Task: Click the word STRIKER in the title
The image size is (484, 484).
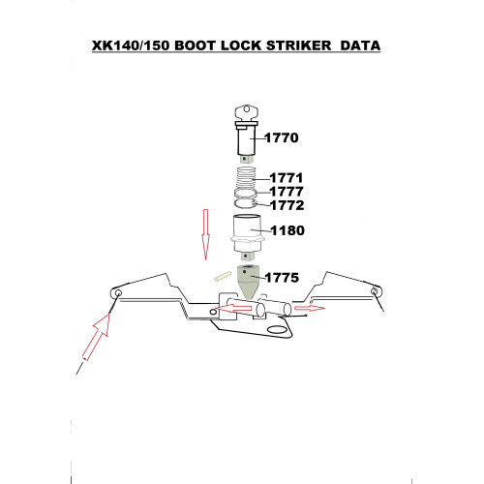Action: (299, 45)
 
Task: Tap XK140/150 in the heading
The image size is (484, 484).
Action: (131, 45)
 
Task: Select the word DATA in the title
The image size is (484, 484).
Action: (360, 45)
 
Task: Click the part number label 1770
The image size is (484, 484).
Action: (282, 137)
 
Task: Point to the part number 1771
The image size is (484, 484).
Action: (287, 178)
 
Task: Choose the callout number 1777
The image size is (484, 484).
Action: (287, 192)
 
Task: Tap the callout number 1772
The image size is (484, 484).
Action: (287, 205)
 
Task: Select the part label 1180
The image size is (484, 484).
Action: (287, 230)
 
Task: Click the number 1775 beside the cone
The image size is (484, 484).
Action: (282, 278)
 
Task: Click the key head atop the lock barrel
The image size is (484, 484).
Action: (246, 113)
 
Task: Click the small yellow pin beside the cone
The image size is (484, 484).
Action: (223, 277)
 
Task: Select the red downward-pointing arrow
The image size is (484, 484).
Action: (205, 234)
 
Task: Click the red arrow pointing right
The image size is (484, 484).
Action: (310, 308)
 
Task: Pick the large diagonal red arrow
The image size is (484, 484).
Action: (96, 337)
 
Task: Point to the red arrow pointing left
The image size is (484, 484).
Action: (233, 309)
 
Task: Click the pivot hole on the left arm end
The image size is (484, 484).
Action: (118, 293)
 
